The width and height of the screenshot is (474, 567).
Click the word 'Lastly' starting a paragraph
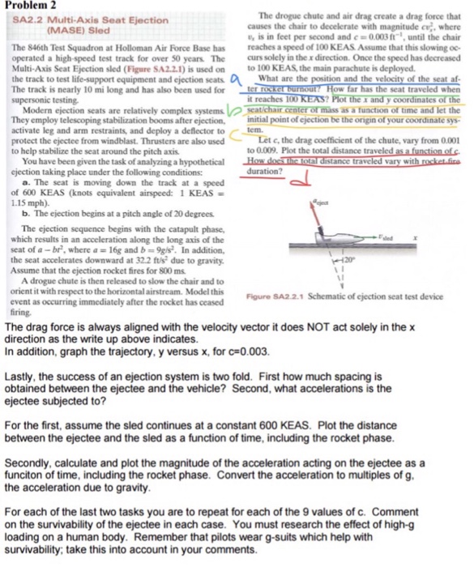click(20, 378)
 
